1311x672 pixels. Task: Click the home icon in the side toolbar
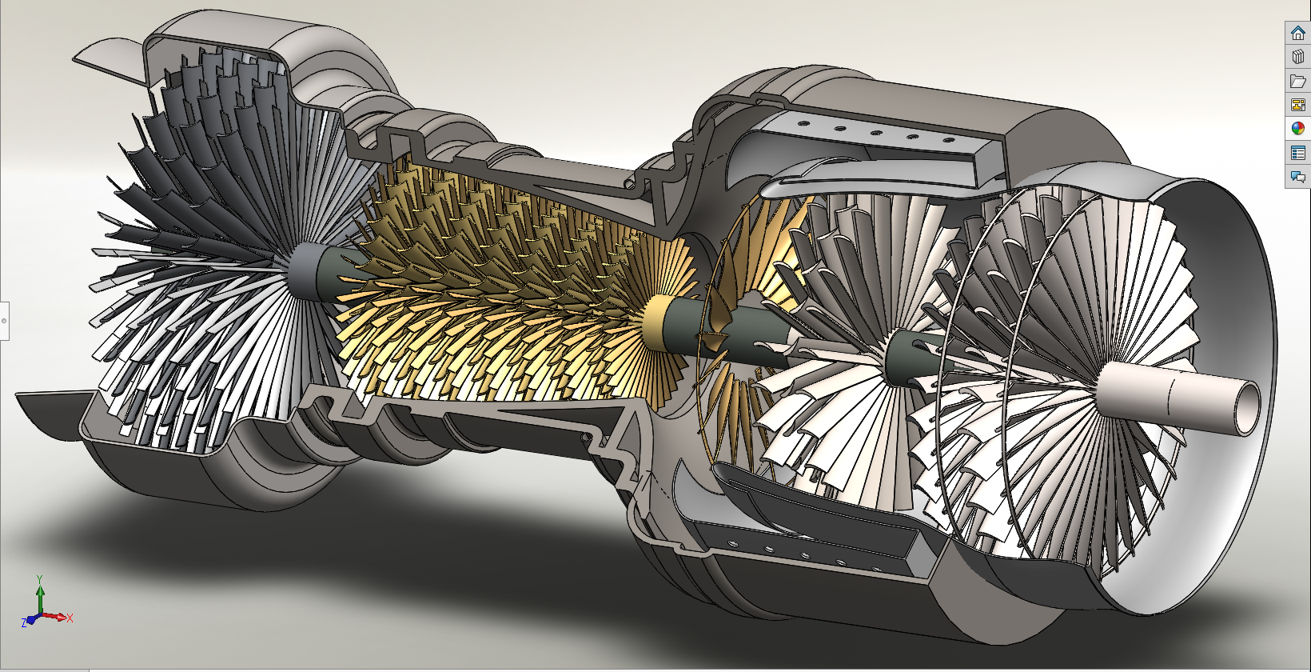pyautogui.click(x=1297, y=34)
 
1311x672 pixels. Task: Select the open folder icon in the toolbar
pyautogui.click(x=1297, y=81)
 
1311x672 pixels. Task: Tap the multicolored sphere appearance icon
pyautogui.click(x=1297, y=128)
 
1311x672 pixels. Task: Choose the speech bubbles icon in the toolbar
pyautogui.click(x=1297, y=176)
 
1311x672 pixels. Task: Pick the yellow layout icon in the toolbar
pyautogui.click(x=1297, y=105)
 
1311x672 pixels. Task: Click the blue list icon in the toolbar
pyautogui.click(x=1297, y=153)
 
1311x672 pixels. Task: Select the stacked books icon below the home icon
pyautogui.click(x=1297, y=57)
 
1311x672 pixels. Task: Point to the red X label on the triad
pyautogui.click(x=70, y=618)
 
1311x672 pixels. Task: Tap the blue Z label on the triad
pyautogui.click(x=24, y=622)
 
